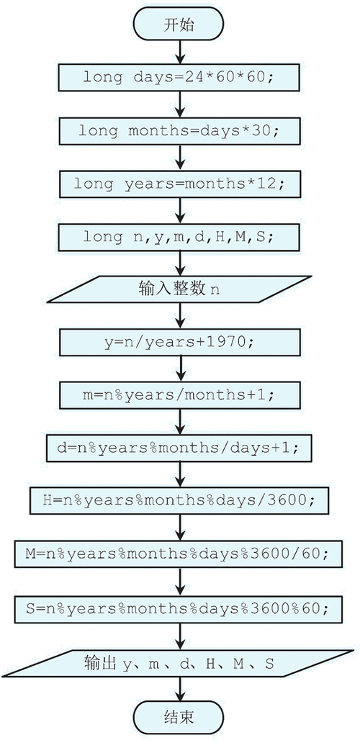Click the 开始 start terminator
179,24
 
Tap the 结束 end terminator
179,718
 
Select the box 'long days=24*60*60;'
179,78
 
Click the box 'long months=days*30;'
179,131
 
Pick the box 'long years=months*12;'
179,184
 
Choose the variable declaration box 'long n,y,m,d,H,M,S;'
179,236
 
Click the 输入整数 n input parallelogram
179,289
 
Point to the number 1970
228,342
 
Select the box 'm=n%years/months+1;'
179,395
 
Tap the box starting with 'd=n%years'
179,448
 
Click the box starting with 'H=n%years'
179,500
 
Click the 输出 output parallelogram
179,664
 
